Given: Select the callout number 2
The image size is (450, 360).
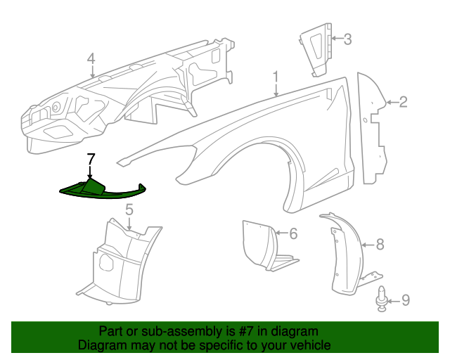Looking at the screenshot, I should [x=404, y=103].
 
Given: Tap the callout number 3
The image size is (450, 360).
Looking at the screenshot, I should [x=347, y=39].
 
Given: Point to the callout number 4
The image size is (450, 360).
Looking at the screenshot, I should [x=91, y=58].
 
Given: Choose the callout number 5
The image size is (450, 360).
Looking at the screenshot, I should [x=129, y=210].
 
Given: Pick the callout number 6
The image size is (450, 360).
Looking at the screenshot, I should [x=294, y=233].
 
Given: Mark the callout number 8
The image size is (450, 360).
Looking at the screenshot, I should [x=380, y=245].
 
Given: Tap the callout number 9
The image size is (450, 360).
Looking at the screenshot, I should [x=404, y=301].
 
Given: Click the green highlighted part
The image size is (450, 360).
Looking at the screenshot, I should [x=98, y=190].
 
